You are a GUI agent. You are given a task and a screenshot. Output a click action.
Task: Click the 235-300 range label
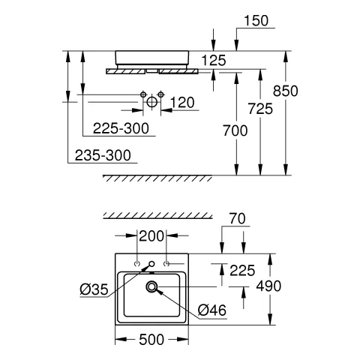tap(103, 155)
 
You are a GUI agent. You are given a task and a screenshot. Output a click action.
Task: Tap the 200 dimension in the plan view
tap(152, 236)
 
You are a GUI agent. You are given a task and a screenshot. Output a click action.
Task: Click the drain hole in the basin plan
tap(151, 286)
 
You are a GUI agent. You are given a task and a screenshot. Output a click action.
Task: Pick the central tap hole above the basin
tap(151, 264)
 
